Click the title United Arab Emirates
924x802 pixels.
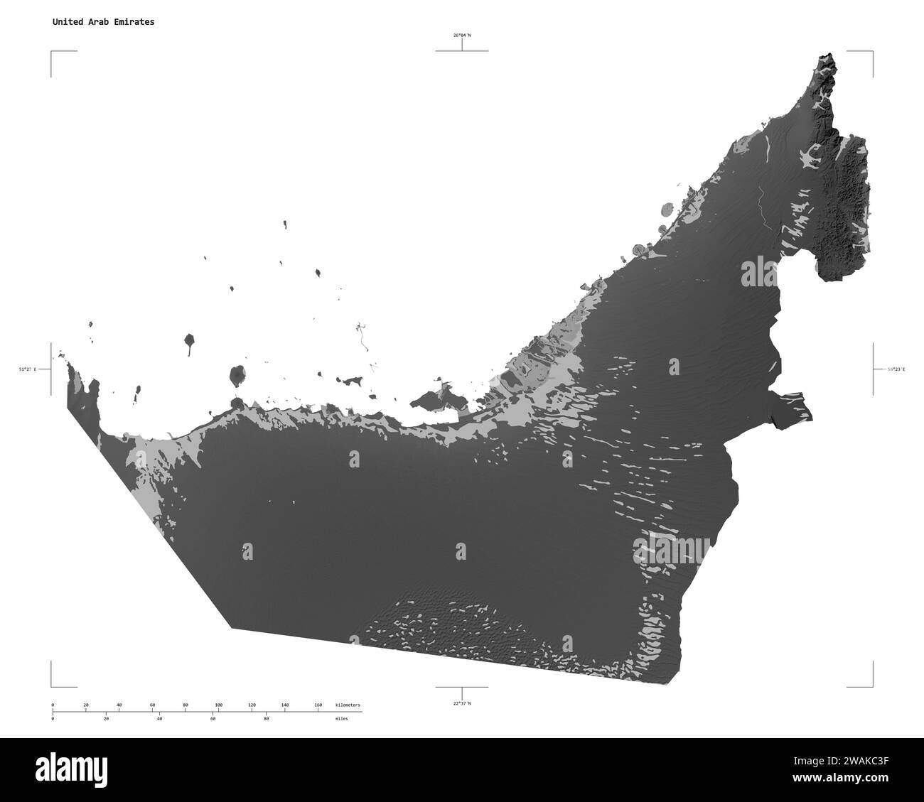pyautogui.click(x=103, y=22)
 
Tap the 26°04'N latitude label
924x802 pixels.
pyautogui.click(x=462, y=35)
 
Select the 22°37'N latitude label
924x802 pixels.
pyautogui.click(x=462, y=703)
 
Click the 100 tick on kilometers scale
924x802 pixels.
pyautogui.click(x=218, y=705)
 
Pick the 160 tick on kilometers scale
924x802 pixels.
pyautogui.click(x=318, y=705)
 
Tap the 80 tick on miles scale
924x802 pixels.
pyautogui.click(x=266, y=719)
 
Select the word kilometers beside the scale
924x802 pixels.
pyautogui.click(x=348, y=705)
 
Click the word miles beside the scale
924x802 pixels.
pyautogui.click(x=343, y=719)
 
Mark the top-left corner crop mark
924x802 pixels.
pyautogui.click(x=52, y=52)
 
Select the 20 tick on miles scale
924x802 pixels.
pyautogui.click(x=106, y=719)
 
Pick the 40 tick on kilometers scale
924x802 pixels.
pyautogui.click(x=119, y=705)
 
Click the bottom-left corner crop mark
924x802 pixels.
pyautogui.click(x=52, y=686)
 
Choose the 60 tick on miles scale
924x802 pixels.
pyautogui.click(x=213, y=719)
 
